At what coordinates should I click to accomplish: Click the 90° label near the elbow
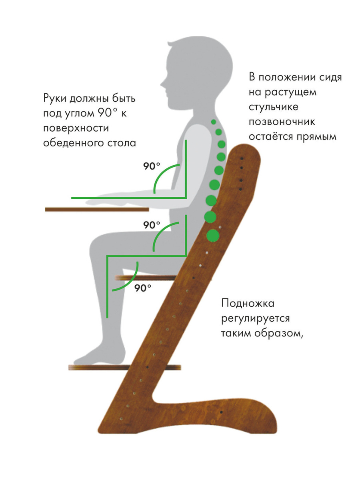click(152, 166)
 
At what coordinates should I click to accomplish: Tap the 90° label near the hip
click(152, 225)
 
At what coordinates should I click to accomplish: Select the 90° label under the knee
click(143, 288)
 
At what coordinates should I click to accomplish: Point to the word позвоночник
click(282, 122)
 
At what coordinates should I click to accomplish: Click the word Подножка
click(248, 304)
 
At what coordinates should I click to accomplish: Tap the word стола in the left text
click(122, 143)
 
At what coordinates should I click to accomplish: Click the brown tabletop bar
click(97, 210)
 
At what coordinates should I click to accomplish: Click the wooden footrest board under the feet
click(124, 367)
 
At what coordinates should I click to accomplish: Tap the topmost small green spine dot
click(214, 122)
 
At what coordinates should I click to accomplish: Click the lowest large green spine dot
click(213, 236)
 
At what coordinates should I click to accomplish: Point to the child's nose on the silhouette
click(162, 84)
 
